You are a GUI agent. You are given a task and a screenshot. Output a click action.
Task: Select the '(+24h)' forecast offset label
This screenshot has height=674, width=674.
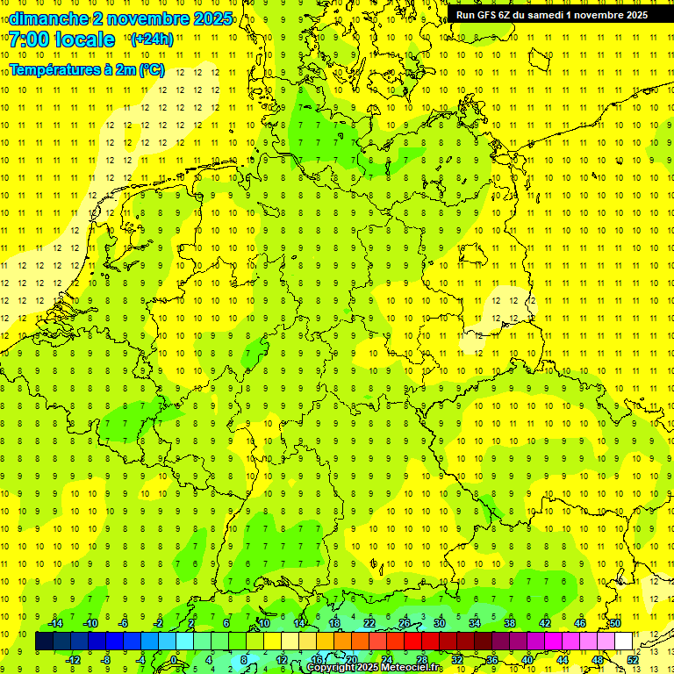(x=151, y=39)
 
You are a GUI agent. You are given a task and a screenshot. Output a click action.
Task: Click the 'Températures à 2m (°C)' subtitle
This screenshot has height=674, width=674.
(x=86, y=70)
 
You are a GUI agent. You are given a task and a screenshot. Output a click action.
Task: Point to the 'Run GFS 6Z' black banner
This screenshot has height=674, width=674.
(x=551, y=15)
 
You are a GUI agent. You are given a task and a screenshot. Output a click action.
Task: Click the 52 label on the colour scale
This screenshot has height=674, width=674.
(x=633, y=659)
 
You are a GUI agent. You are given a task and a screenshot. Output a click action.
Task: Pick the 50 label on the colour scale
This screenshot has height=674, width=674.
(x=615, y=623)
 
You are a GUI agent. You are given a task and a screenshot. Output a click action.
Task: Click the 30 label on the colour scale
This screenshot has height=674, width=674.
(x=440, y=623)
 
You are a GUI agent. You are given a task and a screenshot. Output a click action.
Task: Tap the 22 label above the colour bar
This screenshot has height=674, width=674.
(x=369, y=623)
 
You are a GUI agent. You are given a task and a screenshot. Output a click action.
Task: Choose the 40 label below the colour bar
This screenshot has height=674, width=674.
(x=527, y=659)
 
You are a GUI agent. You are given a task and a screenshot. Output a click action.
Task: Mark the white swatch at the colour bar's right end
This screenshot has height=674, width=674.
(x=623, y=642)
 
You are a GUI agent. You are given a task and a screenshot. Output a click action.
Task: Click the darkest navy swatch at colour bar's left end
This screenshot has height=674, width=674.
(x=44, y=642)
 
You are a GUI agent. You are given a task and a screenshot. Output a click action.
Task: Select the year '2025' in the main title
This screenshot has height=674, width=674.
(x=212, y=18)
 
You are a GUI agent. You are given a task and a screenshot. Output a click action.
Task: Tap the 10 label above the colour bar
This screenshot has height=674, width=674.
(x=264, y=623)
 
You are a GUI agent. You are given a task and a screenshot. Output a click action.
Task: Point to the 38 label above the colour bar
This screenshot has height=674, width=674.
(x=510, y=623)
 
